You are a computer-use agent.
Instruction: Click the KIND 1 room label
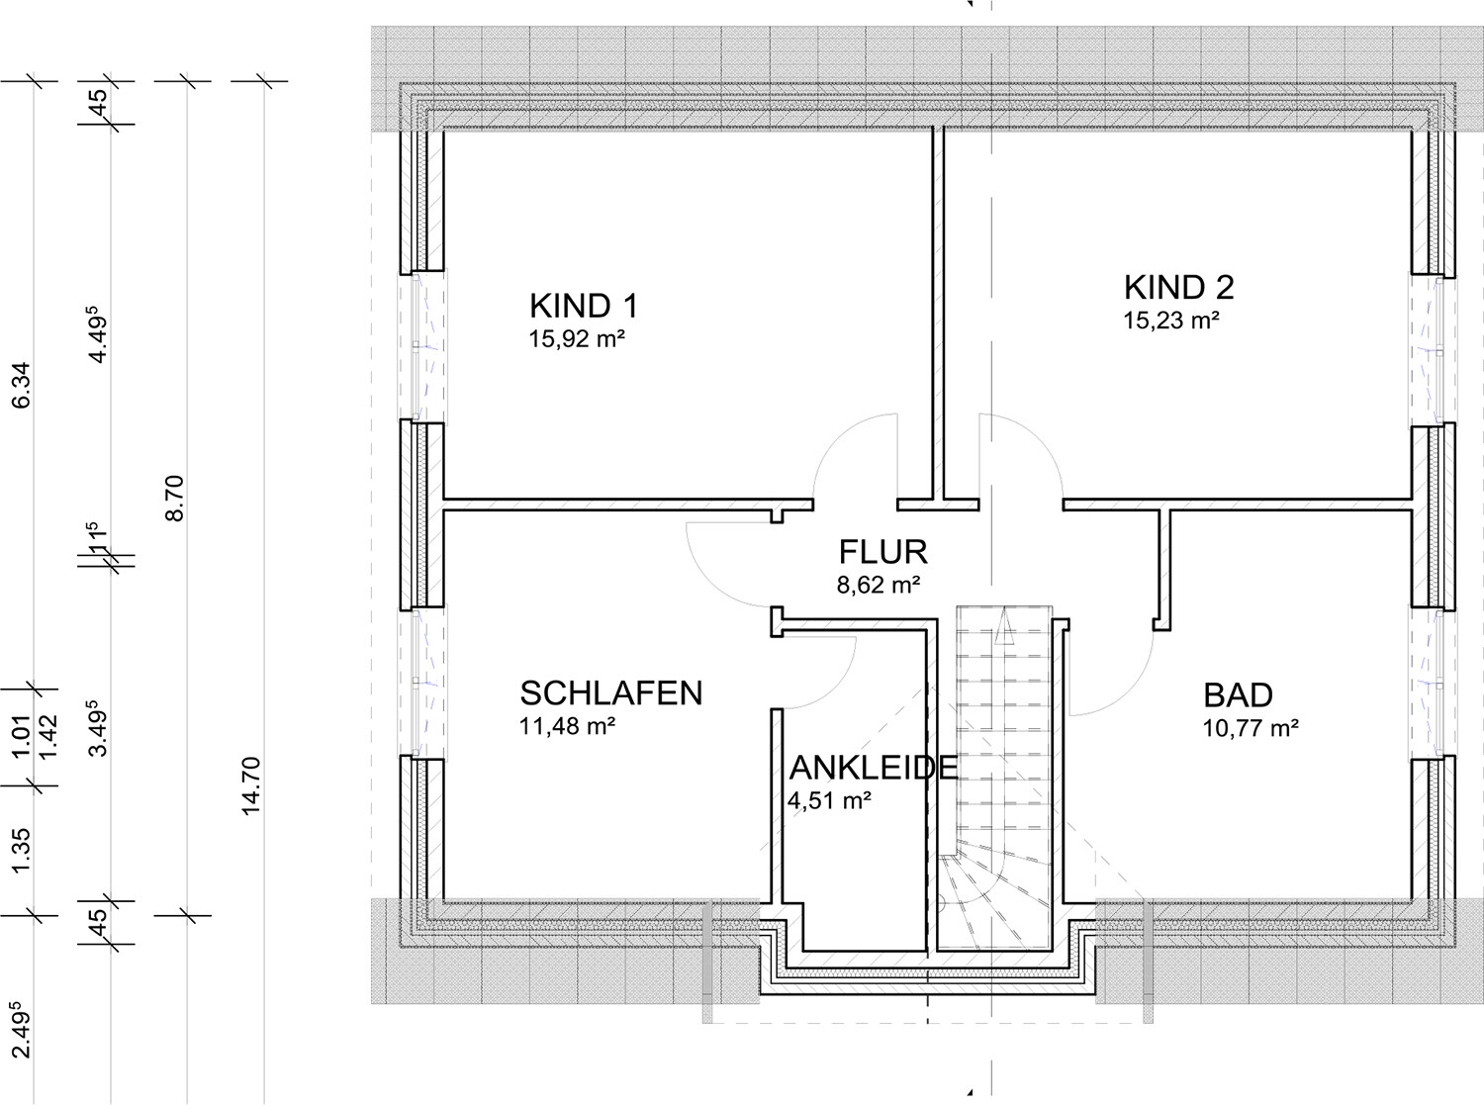coord(584,306)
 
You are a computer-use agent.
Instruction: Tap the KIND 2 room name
coord(1178,287)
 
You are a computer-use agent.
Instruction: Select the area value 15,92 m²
coord(577,338)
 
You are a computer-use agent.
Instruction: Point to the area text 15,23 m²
coord(1170,320)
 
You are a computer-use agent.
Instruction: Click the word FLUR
coord(883,552)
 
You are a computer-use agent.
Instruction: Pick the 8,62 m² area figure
coord(879,585)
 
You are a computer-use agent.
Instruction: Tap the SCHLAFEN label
coord(611,693)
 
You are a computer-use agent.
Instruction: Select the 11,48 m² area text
coord(567,725)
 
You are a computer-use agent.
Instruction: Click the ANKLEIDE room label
coord(874,768)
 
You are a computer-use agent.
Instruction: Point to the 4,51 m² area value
coord(830,800)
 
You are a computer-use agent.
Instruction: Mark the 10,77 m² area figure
coord(1252,727)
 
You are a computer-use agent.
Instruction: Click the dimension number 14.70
coord(251,785)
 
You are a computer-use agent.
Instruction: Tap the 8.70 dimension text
coord(174,499)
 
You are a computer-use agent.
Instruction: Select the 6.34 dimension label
coord(22,386)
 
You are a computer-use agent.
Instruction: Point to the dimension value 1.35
coord(22,851)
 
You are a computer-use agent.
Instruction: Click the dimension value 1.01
coord(22,737)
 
